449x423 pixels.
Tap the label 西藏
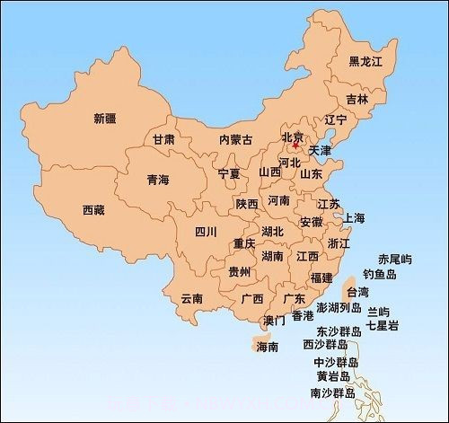[93, 210]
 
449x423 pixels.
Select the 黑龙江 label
[365, 61]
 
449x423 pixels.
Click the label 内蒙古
[235, 139]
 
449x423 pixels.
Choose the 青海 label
[157, 180]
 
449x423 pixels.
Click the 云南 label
[191, 298]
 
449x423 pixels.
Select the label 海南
[267, 347]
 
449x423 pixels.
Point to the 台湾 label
[357, 292]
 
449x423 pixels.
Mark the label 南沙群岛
[332, 393]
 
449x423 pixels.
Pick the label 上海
[354, 218]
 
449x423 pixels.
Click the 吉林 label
[357, 99]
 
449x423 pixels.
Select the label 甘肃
[163, 140]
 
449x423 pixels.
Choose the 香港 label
[302, 316]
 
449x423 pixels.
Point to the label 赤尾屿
[394, 259]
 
